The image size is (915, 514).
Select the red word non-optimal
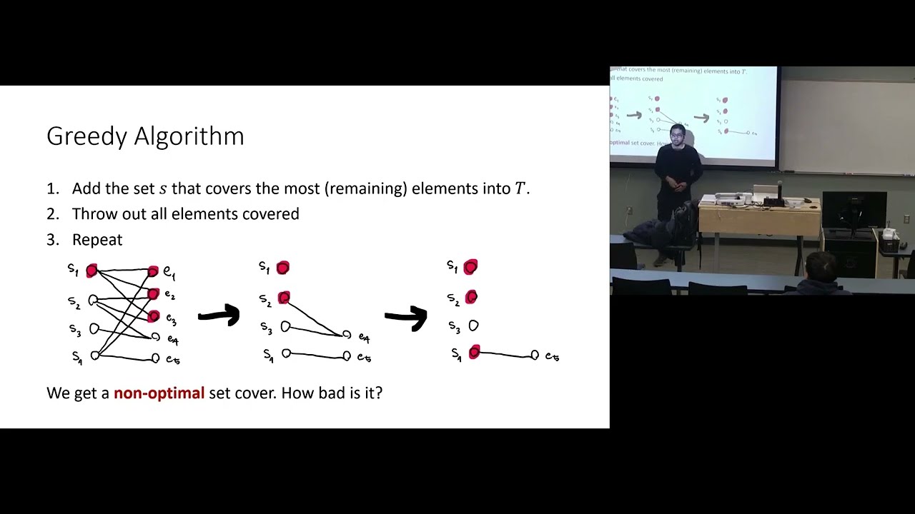pos(159,393)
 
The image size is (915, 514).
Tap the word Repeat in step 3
pos(97,240)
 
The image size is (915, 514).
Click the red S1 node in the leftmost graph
pos(91,271)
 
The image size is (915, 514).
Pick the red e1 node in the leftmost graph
pos(153,271)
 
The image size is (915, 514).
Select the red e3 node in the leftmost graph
pos(154,316)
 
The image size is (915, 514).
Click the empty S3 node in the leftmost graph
pos(94,329)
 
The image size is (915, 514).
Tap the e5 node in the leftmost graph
pos(155,358)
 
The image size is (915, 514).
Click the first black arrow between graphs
pos(219,315)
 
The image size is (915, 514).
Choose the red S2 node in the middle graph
pos(284,298)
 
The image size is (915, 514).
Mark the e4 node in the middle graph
pos(347,335)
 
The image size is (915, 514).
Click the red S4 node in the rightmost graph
pos(474,352)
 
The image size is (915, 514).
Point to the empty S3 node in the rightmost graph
pos(473,326)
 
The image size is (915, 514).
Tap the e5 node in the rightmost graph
pos(534,355)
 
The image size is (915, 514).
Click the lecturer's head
pos(676,134)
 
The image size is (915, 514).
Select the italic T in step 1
pos(520,188)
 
